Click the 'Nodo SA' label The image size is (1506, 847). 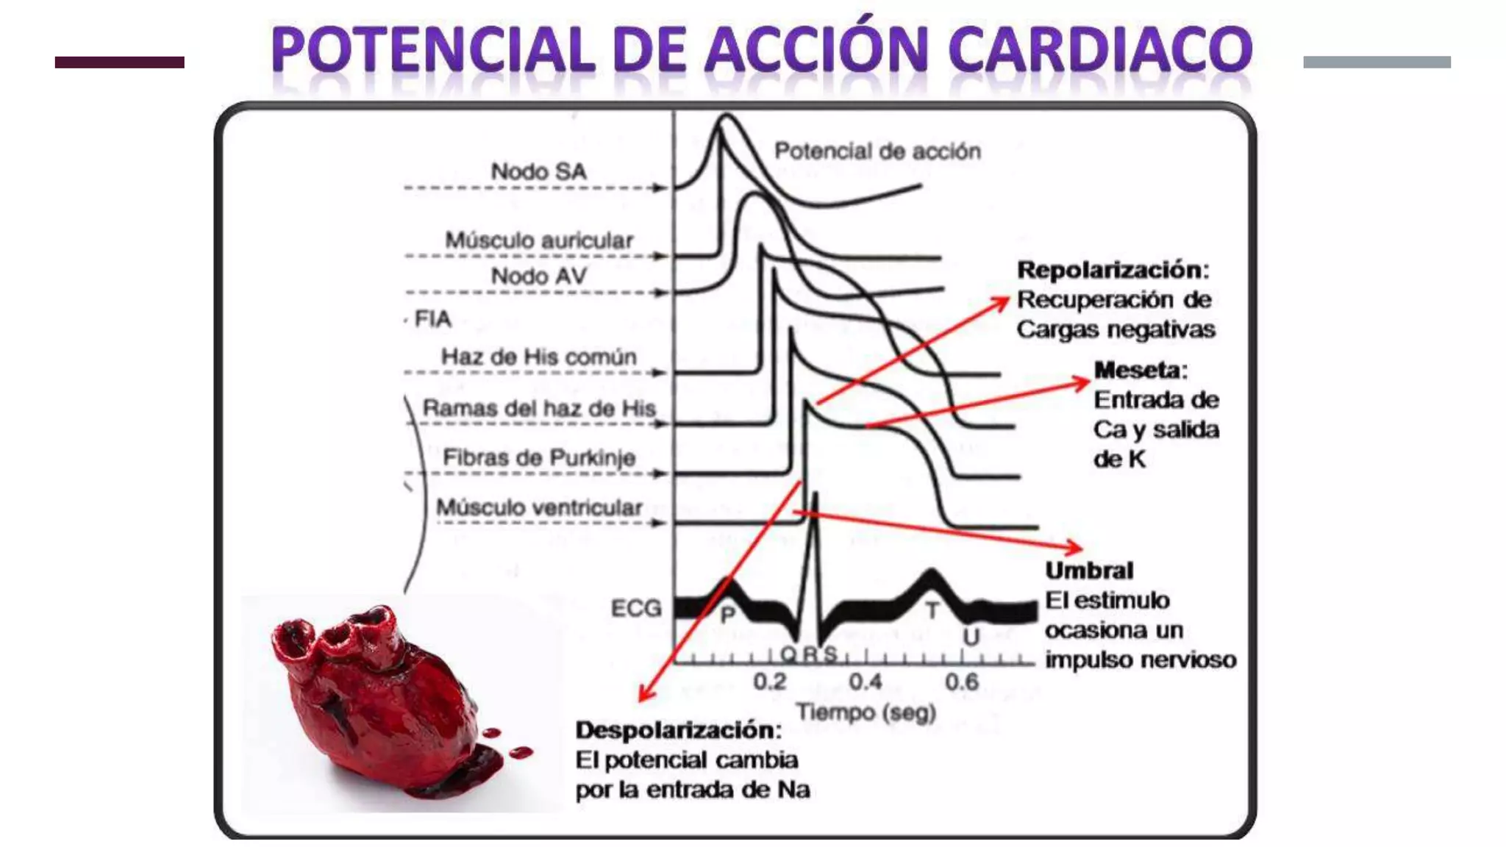point(538,171)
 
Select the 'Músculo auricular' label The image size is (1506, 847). point(539,240)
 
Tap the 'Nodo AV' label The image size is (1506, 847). point(539,276)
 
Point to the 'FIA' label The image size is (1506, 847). point(432,319)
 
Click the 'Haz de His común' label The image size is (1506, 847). point(539,357)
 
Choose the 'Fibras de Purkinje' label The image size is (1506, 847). point(539,457)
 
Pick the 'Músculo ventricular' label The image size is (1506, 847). point(539,507)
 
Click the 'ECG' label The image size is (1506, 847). point(636,608)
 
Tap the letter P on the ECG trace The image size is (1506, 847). point(727,615)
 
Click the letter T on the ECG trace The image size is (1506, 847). point(932,610)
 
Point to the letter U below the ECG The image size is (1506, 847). point(971,637)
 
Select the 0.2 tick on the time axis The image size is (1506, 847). point(770,682)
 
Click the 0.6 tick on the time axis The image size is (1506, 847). point(961,682)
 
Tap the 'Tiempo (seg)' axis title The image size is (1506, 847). point(866,712)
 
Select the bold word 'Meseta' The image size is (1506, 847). point(1139,370)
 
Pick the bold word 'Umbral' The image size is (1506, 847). point(1089,571)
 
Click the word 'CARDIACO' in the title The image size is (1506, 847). point(1100,49)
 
